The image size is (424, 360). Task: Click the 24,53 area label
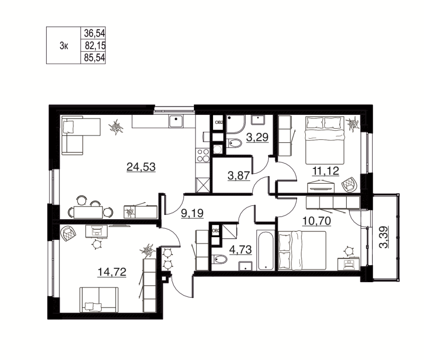click(x=140, y=168)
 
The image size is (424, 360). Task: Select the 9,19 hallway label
click(x=191, y=214)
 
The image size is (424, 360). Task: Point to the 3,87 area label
click(x=238, y=176)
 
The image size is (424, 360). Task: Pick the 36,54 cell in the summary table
click(x=93, y=32)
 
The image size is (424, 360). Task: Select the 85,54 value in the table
click(x=93, y=58)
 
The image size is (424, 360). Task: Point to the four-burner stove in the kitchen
click(x=203, y=155)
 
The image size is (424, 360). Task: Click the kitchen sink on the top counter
click(x=175, y=121)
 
